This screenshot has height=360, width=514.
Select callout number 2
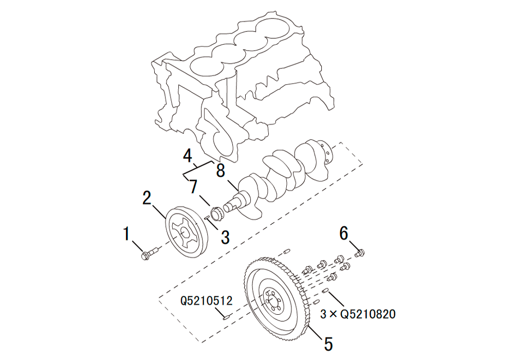coord(146,197)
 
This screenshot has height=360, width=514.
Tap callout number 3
coord(225,237)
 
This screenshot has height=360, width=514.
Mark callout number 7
coord(193,186)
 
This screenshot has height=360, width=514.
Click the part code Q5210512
coord(206,300)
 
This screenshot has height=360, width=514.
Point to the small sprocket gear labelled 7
coord(216,211)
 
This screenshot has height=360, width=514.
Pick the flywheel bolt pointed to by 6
coord(360,252)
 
